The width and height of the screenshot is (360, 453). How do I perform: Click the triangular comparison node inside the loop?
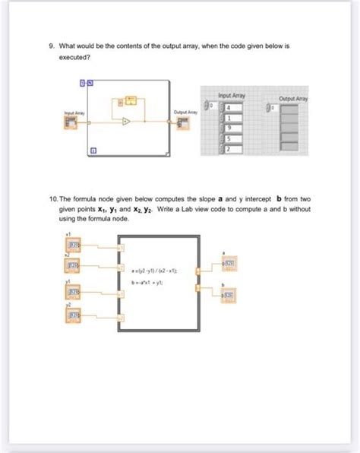point(126,121)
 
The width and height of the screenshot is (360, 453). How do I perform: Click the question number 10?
point(52,198)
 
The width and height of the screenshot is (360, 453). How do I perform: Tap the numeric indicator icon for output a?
point(227,264)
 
